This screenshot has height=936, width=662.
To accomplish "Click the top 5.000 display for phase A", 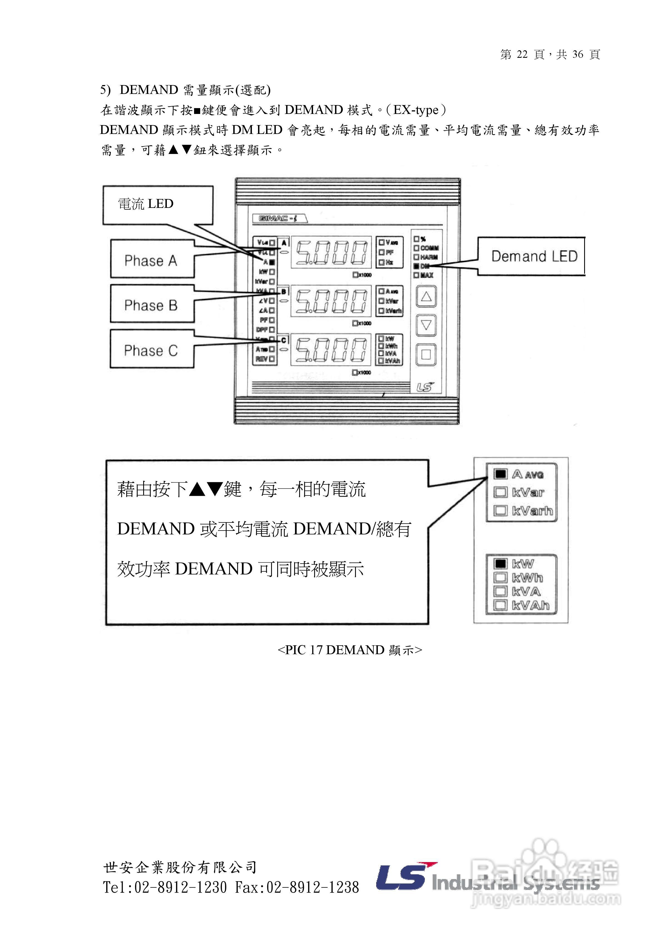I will tap(331, 252).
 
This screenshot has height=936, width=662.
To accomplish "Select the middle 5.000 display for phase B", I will tap(331, 301).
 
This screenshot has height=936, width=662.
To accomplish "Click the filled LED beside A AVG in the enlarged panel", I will tap(500, 474).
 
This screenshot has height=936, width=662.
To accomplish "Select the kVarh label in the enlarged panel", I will tap(532, 511).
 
